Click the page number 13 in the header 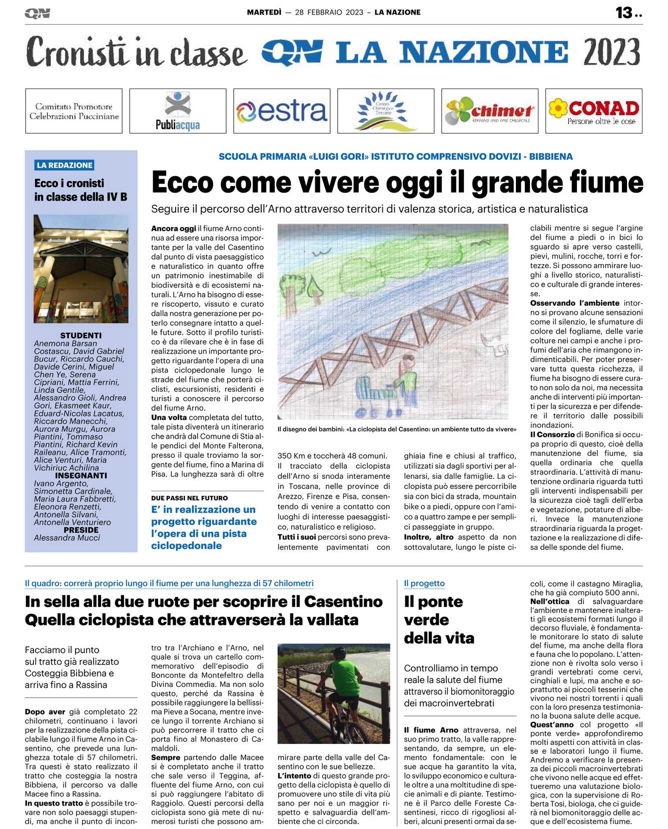[x=624, y=13]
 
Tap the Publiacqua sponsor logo [x=178, y=111]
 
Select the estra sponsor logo [x=282, y=111]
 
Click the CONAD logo [x=594, y=111]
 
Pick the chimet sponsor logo [x=490, y=111]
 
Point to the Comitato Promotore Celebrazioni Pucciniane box [x=74, y=111]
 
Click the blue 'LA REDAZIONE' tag [x=65, y=165]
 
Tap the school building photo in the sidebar [x=81, y=269]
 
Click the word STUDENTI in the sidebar [x=81, y=335]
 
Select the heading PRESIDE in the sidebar [x=81, y=530]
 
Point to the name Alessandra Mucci [x=67, y=538]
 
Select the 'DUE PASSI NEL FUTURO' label [x=189, y=498]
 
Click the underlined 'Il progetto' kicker [x=424, y=583]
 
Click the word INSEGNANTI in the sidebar [x=81, y=475]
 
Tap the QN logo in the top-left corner [x=38, y=13]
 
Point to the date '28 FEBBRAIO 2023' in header [x=329, y=13]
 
